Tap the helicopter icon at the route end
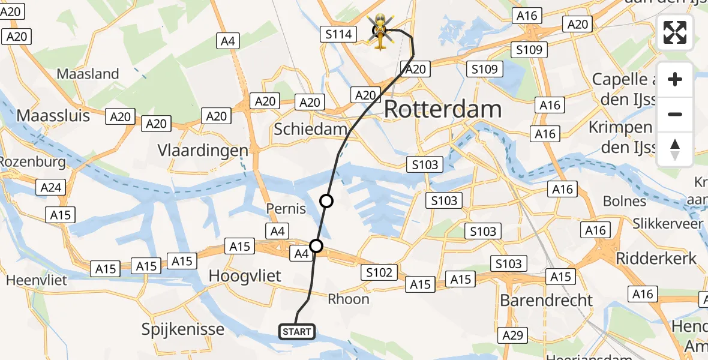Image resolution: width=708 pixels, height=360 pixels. [381, 32]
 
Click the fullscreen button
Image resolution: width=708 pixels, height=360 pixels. [675, 32]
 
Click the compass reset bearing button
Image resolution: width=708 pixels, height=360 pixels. [675, 149]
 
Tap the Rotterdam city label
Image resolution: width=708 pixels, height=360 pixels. [443, 110]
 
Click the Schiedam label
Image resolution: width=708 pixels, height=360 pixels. [310, 129]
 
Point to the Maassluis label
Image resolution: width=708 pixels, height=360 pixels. [53, 115]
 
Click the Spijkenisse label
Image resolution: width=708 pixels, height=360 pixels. [183, 329]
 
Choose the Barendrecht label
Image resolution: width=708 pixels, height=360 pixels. [546, 300]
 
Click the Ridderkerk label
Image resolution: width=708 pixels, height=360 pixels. [656, 259]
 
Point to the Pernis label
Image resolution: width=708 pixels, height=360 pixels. [286, 209]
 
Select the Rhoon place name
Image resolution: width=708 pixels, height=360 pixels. [349, 299]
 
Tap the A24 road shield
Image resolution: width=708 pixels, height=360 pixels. [51, 188]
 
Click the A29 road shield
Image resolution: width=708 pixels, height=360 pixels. [513, 335]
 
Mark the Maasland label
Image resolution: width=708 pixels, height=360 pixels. [88, 74]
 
